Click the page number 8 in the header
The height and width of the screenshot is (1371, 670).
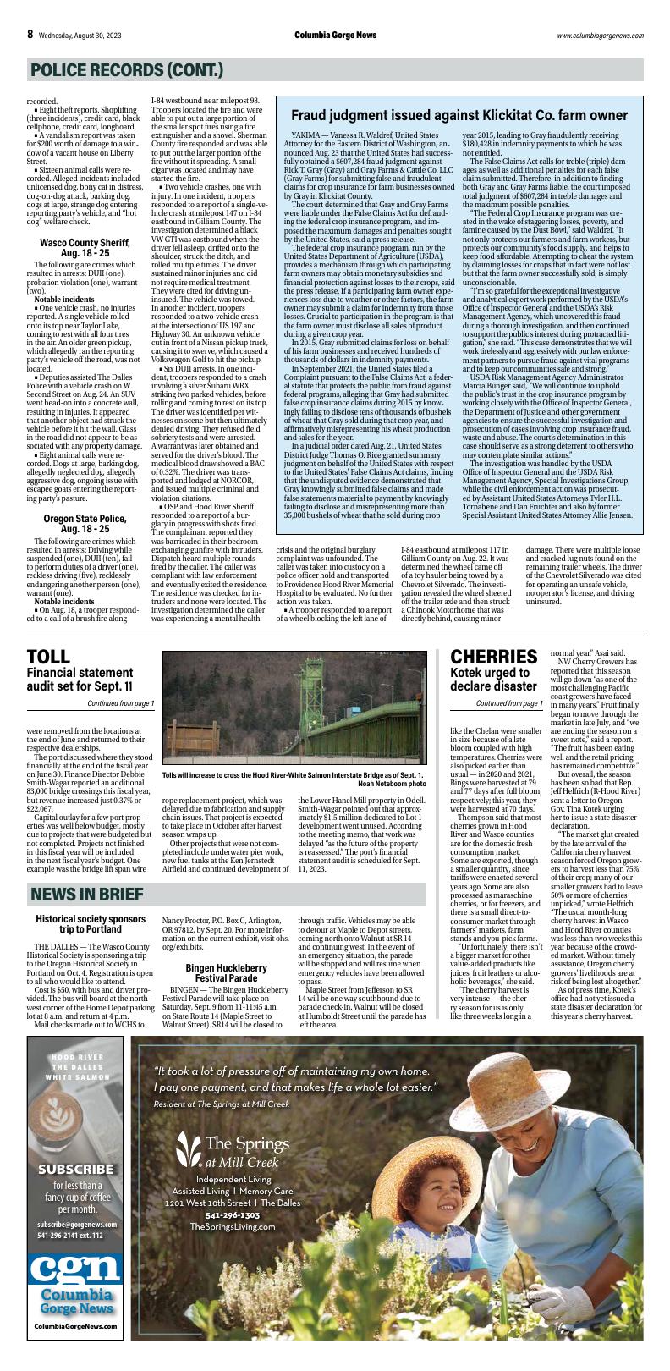(30, 35)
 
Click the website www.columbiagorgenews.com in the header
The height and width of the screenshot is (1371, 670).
(600, 36)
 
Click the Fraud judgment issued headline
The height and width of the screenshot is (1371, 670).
(459, 115)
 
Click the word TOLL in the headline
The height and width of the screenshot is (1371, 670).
(48, 657)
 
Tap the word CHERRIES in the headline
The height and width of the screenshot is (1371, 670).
(493, 657)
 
